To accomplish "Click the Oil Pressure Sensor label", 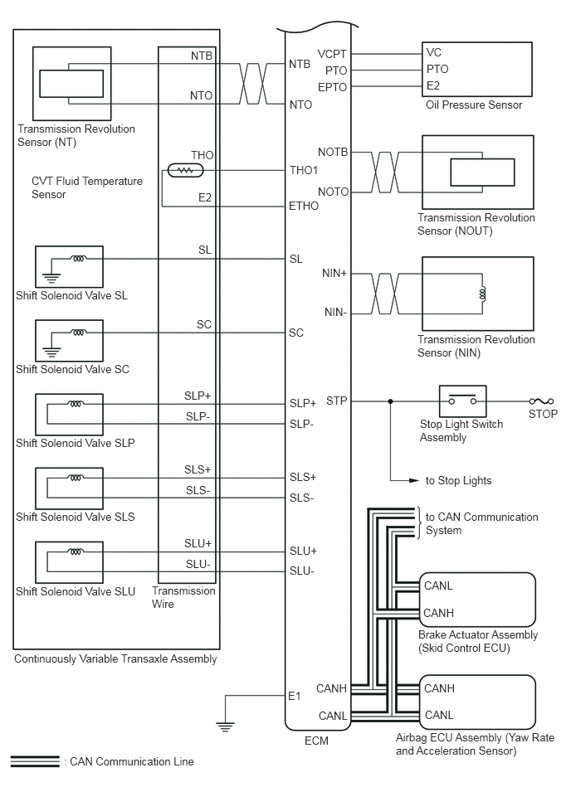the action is (474, 104).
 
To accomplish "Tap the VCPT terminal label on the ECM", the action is (332, 54).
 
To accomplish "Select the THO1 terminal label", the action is (303, 170).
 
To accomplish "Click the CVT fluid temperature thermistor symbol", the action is (185, 171).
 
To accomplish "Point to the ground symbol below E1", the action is (225, 726).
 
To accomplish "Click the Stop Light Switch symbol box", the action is (462, 401).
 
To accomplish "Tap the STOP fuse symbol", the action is (541, 401).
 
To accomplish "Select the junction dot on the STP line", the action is (391, 401).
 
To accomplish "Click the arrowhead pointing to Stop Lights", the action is (414, 480).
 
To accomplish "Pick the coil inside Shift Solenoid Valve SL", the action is (78, 259).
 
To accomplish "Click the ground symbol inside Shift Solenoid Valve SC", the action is (51, 352).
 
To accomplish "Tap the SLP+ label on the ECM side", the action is (302, 403).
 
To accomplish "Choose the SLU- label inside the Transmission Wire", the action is (198, 564).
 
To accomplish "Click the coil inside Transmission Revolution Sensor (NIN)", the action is (483, 294).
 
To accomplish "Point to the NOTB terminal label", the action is (333, 152).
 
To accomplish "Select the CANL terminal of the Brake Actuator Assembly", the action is (438, 585).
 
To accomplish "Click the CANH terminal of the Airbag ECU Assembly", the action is (439, 688).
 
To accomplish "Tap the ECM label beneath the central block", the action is (316, 741).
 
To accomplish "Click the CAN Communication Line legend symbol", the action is (35, 761).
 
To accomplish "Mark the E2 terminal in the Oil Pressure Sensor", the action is (433, 85).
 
